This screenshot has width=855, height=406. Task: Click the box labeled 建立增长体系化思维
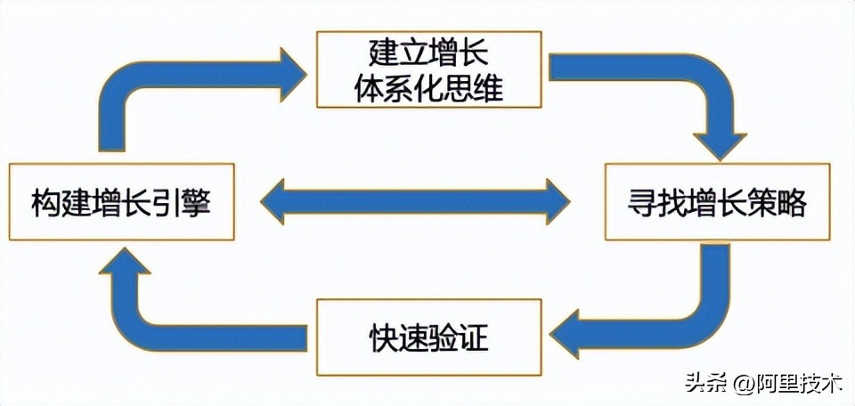(x=428, y=69)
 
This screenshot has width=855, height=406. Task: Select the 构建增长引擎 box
(x=121, y=201)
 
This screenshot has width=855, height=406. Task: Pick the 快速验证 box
(x=428, y=337)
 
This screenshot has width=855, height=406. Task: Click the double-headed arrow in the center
(x=414, y=201)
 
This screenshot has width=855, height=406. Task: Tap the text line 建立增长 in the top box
(x=428, y=53)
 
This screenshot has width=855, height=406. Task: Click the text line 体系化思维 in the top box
(x=428, y=86)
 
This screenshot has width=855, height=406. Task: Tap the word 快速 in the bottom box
(x=397, y=337)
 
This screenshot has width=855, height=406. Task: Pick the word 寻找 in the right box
(x=652, y=202)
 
